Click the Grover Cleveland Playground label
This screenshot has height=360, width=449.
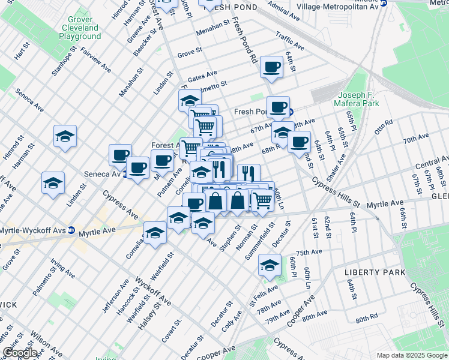[79, 28]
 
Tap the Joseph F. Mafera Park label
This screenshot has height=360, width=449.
[358, 99]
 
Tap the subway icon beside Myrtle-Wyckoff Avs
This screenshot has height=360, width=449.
[71, 230]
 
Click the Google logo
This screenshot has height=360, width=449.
[20, 353]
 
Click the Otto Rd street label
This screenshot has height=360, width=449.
[383, 126]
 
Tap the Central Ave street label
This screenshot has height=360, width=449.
[432, 163]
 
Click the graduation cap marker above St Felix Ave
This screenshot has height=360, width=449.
[270, 265]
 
